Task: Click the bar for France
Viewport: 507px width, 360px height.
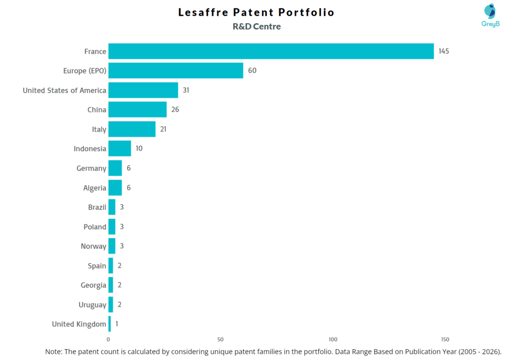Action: pyautogui.click(x=271, y=51)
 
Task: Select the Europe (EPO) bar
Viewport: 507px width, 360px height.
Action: pyautogui.click(x=176, y=71)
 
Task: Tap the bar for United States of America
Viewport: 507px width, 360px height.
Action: pyautogui.click(x=143, y=90)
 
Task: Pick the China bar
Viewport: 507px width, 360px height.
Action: pyautogui.click(x=138, y=109)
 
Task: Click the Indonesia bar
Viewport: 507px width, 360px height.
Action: pyautogui.click(x=120, y=149)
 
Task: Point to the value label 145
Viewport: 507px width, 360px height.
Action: pyautogui.click(x=444, y=51)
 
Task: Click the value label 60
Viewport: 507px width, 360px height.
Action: pyautogui.click(x=252, y=71)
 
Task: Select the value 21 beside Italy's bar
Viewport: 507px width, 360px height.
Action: pyautogui.click(x=164, y=129)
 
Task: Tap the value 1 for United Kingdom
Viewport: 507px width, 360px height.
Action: pyautogui.click(x=117, y=324)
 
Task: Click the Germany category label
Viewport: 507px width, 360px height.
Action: pyautogui.click(x=91, y=168)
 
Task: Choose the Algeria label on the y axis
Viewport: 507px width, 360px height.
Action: pyautogui.click(x=95, y=188)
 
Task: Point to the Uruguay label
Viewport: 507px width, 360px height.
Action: pyautogui.click(x=92, y=305)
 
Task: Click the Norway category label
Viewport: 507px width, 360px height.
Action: pyautogui.click(x=94, y=246)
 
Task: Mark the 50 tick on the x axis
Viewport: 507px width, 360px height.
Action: pyautogui.click(x=220, y=340)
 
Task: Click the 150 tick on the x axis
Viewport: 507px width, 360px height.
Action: pyautogui.click(x=445, y=340)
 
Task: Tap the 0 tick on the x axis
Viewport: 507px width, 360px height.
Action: pyautogui.click(x=108, y=340)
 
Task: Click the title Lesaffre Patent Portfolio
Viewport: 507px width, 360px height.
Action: pyautogui.click(x=256, y=12)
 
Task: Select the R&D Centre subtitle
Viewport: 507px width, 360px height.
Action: pyautogui.click(x=256, y=27)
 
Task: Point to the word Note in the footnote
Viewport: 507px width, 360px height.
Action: pyautogui.click(x=54, y=351)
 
